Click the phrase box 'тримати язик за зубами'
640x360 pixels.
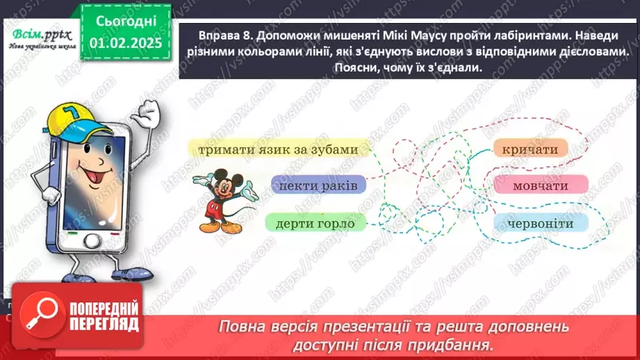point(278,149)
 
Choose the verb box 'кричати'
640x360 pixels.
point(530,149)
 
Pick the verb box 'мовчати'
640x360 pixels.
point(541,186)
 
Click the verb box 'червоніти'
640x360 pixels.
point(540,223)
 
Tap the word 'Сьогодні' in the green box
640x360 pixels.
point(125,21)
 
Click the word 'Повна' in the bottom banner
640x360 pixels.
point(243,327)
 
